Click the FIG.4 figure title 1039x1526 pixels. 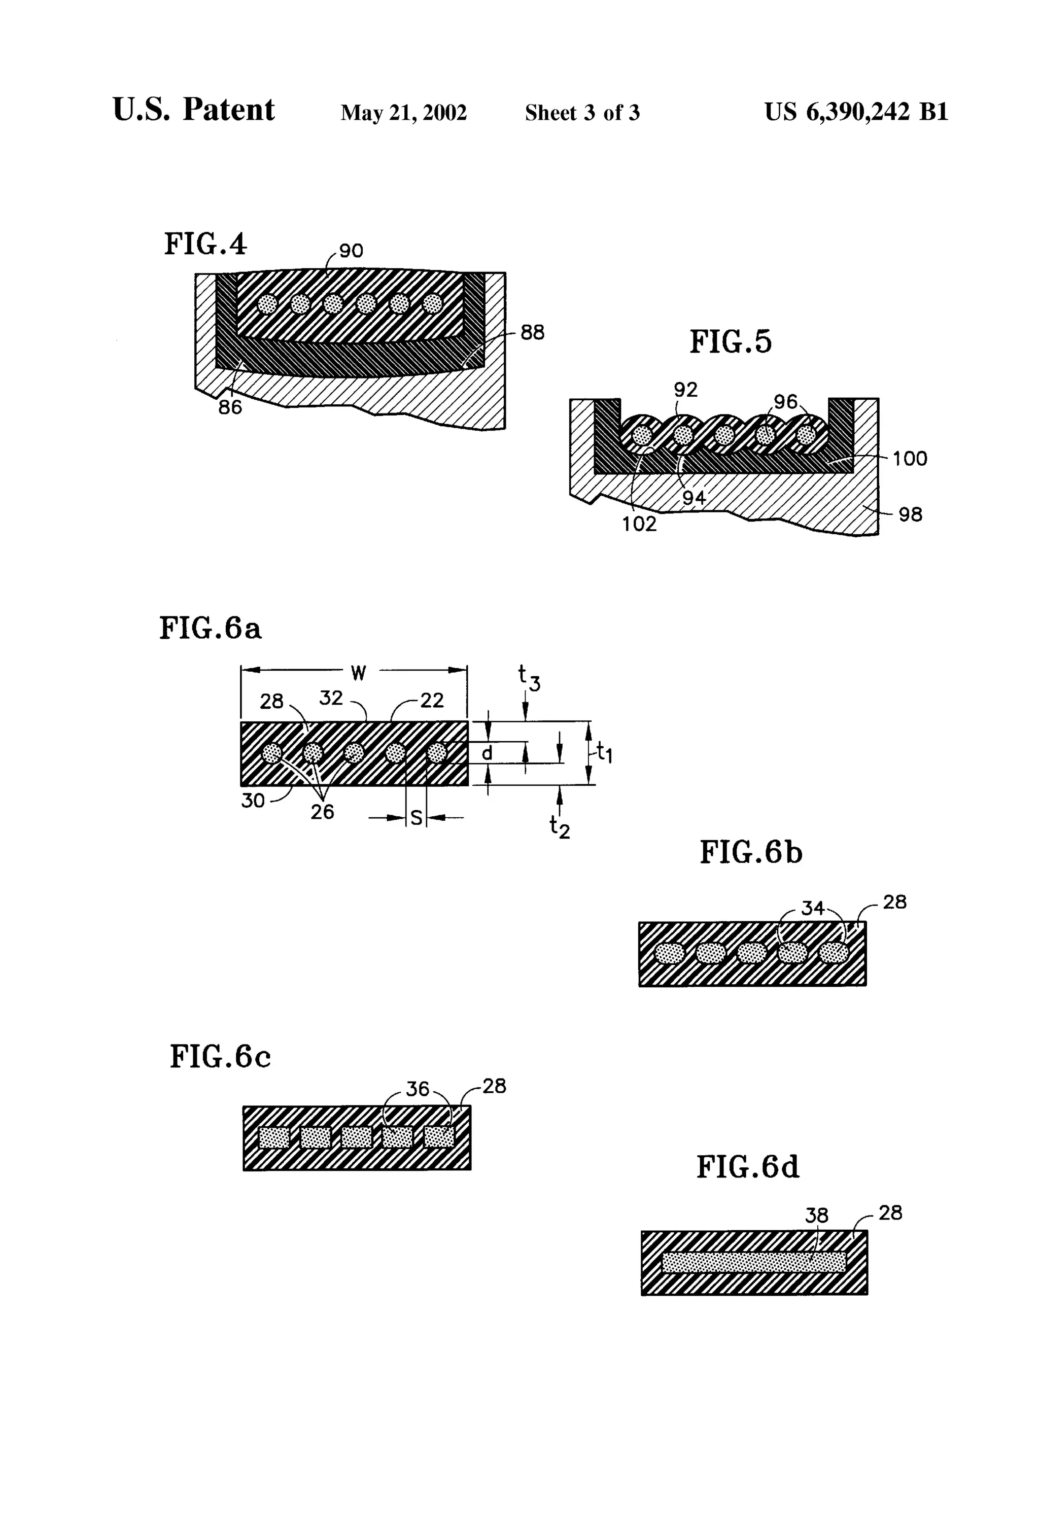(x=205, y=244)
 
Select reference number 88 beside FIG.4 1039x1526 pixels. (x=532, y=332)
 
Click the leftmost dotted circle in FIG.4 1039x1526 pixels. (x=267, y=303)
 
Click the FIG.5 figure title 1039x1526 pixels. (x=731, y=342)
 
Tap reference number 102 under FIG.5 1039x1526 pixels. (x=639, y=524)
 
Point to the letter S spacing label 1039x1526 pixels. (x=415, y=818)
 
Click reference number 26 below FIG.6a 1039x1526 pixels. (x=322, y=812)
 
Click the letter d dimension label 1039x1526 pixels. (x=487, y=753)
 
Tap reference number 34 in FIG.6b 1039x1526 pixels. (x=812, y=908)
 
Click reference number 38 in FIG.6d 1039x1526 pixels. (x=816, y=1216)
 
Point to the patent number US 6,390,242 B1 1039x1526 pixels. (x=856, y=112)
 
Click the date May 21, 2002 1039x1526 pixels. (x=403, y=113)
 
